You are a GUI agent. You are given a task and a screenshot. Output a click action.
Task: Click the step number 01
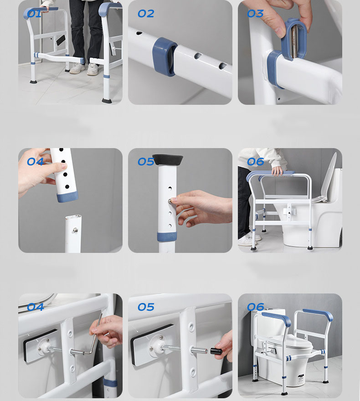pyautogui.click(x=34, y=14)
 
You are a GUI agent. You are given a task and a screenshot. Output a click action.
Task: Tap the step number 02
pyautogui.click(x=146, y=14)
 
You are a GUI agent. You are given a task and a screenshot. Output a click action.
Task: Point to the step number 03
pyautogui.click(x=255, y=14)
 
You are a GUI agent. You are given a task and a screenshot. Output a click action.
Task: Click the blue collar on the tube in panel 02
pyautogui.click(x=164, y=57)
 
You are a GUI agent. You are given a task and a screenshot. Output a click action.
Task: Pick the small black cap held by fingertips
pyautogui.click(x=216, y=351)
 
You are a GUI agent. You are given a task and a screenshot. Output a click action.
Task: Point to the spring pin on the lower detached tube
pyautogui.click(x=75, y=231)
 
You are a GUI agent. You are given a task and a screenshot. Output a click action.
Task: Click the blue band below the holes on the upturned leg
pyautogui.click(x=167, y=237)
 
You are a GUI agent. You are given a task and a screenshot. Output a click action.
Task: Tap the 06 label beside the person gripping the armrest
pyautogui.click(x=256, y=162)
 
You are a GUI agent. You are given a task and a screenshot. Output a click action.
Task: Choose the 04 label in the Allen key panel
pyautogui.click(x=35, y=307)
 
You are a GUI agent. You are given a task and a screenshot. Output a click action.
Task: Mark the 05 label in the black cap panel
pyautogui.click(x=146, y=307)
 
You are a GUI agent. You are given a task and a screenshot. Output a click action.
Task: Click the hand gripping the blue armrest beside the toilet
pyautogui.click(x=278, y=171)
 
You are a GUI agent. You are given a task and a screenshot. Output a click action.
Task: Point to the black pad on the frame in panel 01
pyautogui.click(x=61, y=40)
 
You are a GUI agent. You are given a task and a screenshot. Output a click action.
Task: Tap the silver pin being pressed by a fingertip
pyautogui.click(x=170, y=201)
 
